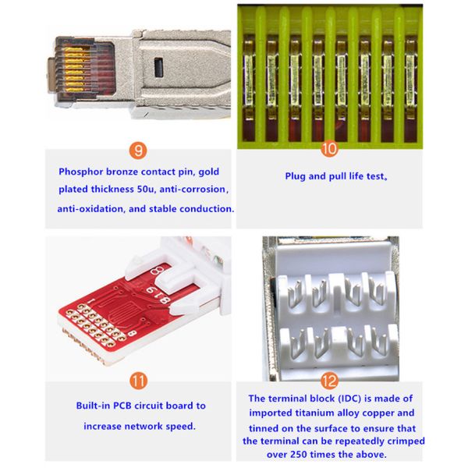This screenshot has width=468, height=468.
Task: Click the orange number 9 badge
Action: [x=138, y=151]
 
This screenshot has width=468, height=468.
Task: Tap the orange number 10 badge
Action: [x=329, y=149]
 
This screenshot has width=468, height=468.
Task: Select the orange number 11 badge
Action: [x=139, y=381]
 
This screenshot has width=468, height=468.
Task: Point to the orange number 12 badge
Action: [x=329, y=381]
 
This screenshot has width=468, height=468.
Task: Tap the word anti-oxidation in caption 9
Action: [x=90, y=208]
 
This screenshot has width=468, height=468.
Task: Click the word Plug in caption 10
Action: [x=295, y=176]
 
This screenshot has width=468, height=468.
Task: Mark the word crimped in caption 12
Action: [x=407, y=441]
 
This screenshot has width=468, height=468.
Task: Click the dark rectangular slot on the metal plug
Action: [x=159, y=67]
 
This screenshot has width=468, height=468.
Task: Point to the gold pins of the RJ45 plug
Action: [x=75, y=70]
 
